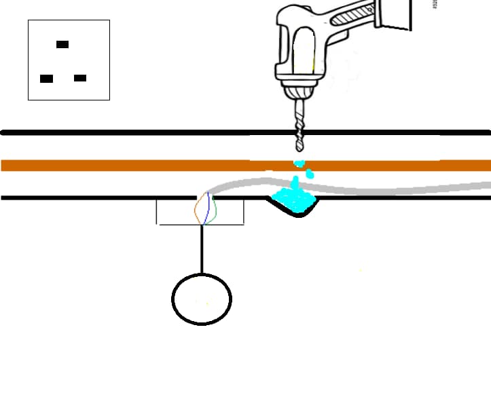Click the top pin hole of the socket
[x=62, y=44]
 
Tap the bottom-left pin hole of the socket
[x=46, y=79]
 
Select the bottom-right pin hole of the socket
[x=80, y=78]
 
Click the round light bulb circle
[x=202, y=299]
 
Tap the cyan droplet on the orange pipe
[x=299, y=164]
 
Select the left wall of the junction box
[x=157, y=211]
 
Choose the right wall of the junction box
[x=243, y=211]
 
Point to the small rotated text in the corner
[x=435, y=3]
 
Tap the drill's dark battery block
[x=397, y=14]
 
